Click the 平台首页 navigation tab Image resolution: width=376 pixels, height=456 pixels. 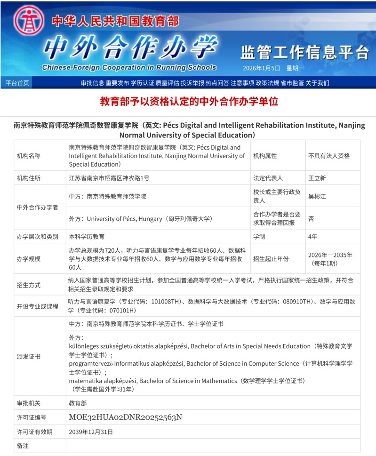point(17,83)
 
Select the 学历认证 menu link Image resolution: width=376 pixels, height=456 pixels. point(142,83)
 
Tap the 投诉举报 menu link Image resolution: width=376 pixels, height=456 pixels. point(192,83)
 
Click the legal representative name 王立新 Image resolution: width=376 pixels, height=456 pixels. point(317,178)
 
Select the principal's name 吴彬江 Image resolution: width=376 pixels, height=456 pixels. point(317,196)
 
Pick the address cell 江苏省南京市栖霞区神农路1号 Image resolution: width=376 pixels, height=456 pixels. point(109,178)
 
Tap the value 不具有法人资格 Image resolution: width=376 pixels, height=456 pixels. point(329,156)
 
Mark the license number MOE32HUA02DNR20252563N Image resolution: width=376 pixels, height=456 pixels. point(125,417)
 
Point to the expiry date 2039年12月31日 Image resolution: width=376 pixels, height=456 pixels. point(91,432)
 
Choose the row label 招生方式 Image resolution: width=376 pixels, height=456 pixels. point(29,285)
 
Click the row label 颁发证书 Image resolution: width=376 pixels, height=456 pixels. point(29,356)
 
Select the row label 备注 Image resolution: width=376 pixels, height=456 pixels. point(23,445)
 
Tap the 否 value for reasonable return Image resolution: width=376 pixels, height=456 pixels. point(311,219)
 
